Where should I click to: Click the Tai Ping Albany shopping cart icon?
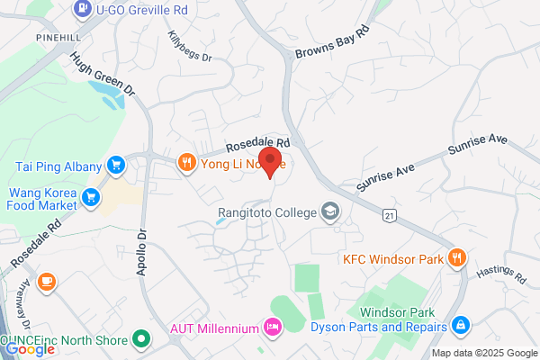(115, 166)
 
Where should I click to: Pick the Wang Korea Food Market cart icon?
(90, 196)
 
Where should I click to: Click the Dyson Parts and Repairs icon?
(460, 324)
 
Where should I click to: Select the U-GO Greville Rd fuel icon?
(82, 9)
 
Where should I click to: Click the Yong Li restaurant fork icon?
(186, 163)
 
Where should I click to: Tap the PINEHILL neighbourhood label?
(59, 38)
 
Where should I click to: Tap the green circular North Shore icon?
(139, 339)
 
